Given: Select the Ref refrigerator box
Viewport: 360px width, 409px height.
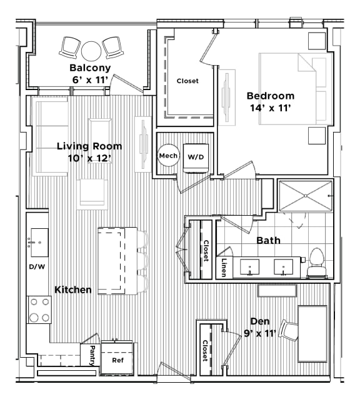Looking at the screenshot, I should coord(117,360).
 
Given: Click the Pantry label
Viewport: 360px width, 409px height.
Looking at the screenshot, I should coord(92,355).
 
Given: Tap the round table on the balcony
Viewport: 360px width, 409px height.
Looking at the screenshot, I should coord(91,49).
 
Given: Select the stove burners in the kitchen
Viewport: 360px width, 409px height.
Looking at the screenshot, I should coord(39,310).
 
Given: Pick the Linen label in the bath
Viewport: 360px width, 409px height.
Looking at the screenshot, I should coord(223,267).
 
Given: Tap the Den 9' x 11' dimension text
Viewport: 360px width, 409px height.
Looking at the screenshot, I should coord(259,333).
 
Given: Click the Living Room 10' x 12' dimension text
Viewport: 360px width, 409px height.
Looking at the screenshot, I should coord(89,158).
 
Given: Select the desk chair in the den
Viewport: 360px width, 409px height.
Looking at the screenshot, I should coord(288,330).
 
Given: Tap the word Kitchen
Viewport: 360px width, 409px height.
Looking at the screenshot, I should coord(73,290).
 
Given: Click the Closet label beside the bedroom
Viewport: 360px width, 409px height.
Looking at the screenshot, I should coord(187,81).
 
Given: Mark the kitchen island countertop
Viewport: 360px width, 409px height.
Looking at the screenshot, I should coord(117,260).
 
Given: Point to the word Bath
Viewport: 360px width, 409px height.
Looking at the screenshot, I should coord(268,240).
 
